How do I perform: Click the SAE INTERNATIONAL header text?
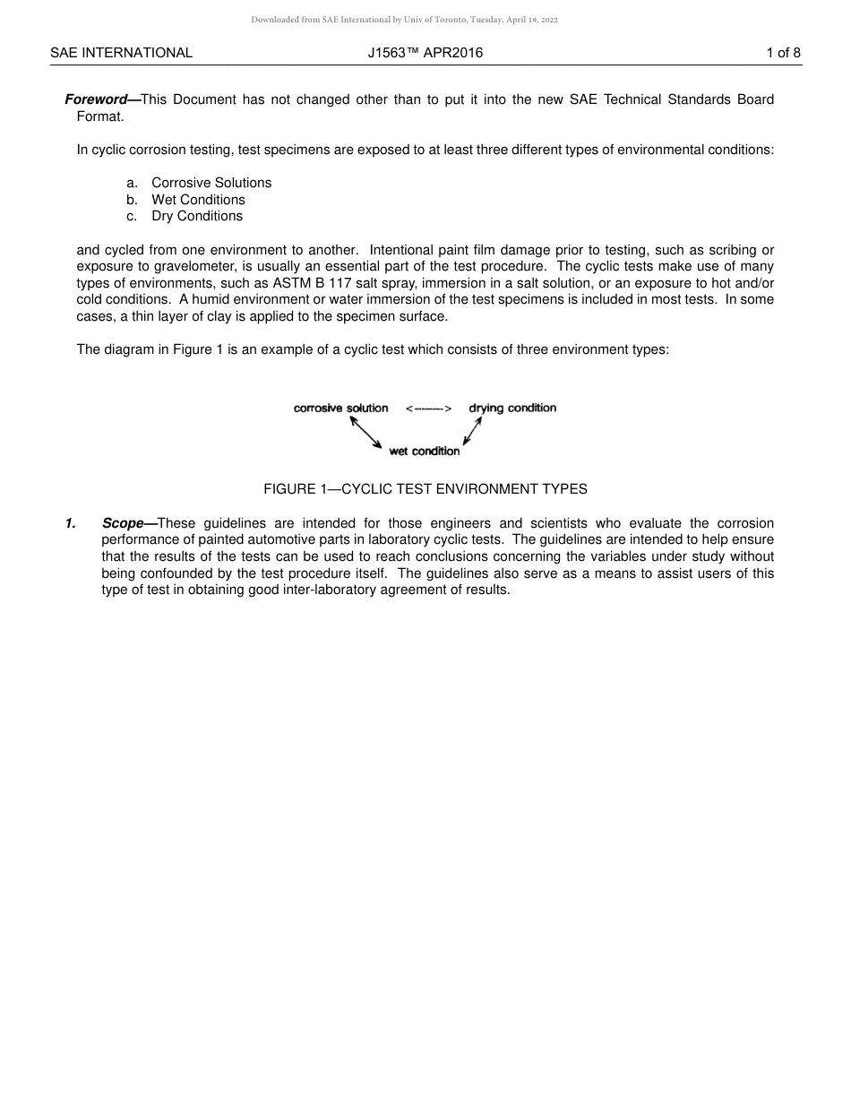121,53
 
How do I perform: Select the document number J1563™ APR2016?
425,53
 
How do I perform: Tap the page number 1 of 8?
783,53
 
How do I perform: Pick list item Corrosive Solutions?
211,183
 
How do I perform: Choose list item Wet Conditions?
198,200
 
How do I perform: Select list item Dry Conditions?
197,216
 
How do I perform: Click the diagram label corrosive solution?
340,409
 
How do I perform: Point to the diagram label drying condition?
512,409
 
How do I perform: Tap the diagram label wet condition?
425,452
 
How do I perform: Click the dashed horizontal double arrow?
428,409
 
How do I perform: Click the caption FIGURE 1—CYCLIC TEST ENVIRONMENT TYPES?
425,489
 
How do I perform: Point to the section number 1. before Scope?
70,523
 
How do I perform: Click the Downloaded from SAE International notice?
404,20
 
